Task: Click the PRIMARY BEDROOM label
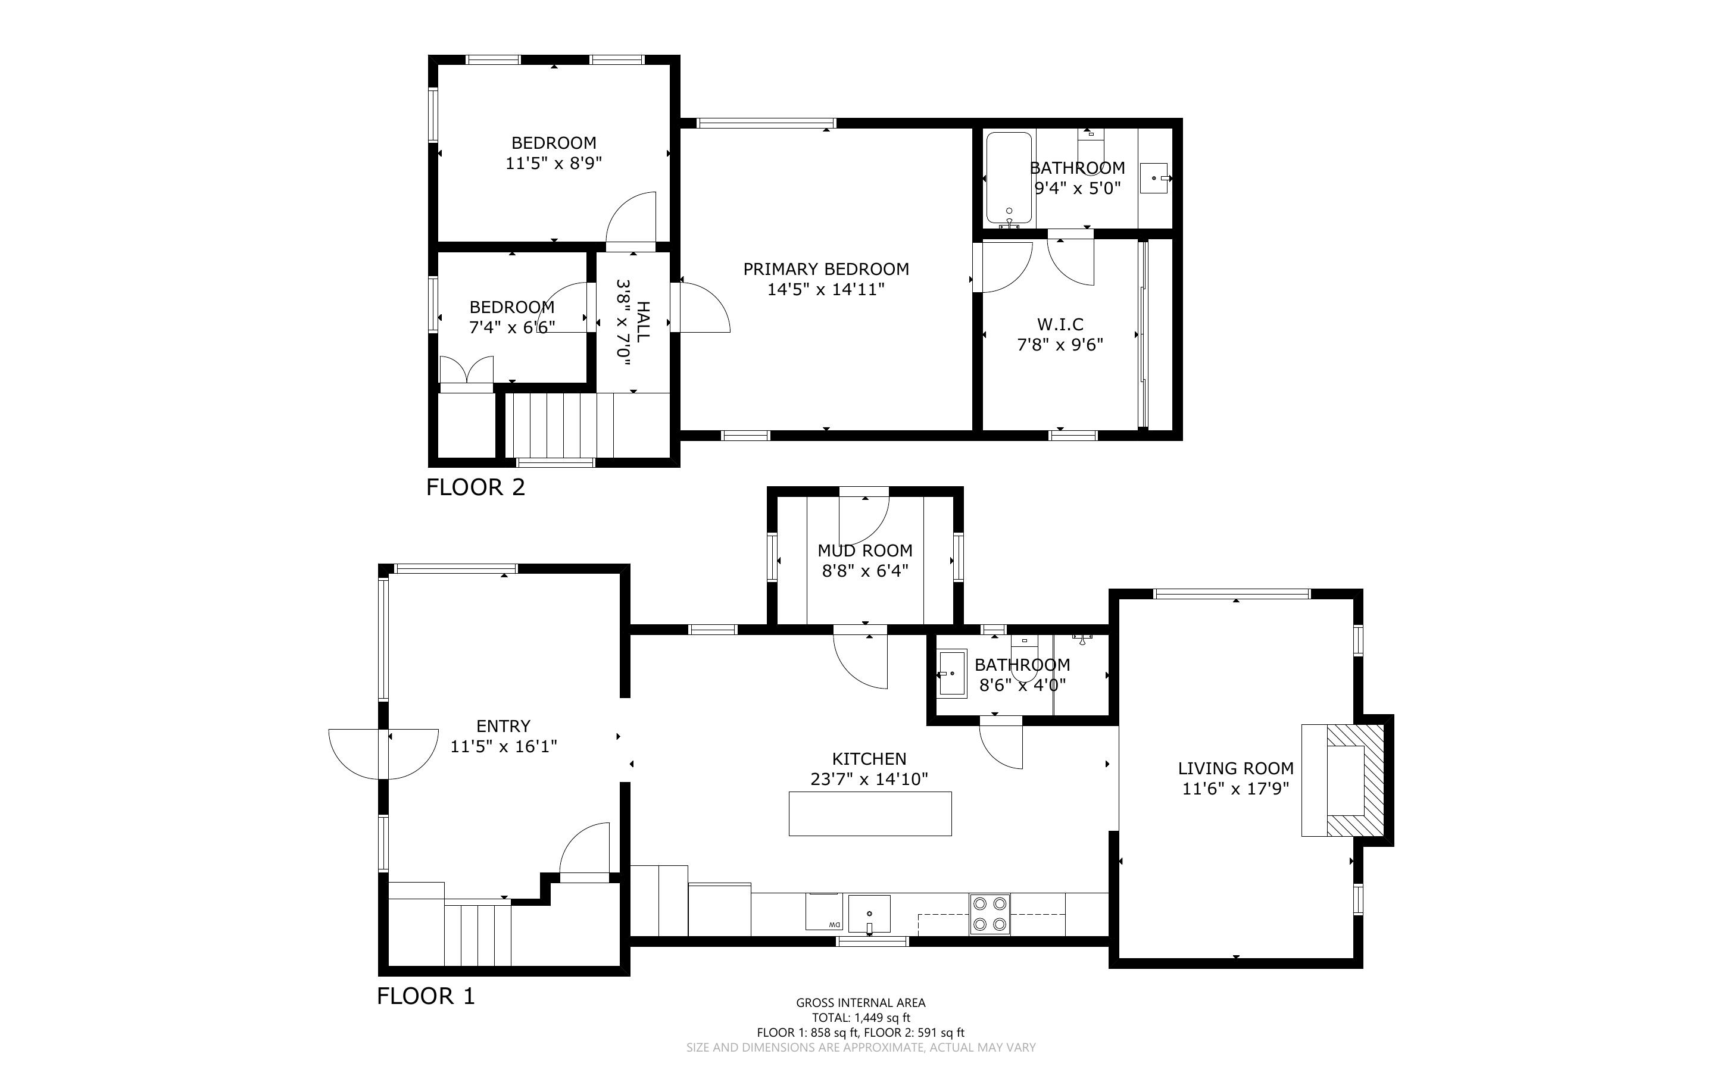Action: [826, 269]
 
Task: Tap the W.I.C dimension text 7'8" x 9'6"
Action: [1060, 345]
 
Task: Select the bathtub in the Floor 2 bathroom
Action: [1009, 177]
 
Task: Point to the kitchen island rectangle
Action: [870, 813]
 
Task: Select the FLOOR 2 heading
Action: [476, 487]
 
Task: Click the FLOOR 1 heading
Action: [426, 996]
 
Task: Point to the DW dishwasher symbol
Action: [824, 912]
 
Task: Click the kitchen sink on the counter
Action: [869, 914]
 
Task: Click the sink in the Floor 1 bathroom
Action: [952, 673]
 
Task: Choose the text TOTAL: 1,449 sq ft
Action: [861, 1018]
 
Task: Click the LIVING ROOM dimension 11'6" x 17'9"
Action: [1235, 789]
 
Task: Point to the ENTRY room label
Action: [503, 726]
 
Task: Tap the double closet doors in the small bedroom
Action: [466, 370]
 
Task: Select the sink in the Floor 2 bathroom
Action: [1154, 178]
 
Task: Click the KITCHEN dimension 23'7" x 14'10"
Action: [869, 779]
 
